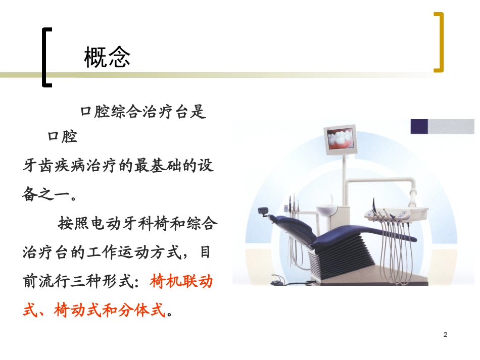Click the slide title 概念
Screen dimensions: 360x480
107,57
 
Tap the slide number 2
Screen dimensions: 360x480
445,334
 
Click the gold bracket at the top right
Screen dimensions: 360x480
440,42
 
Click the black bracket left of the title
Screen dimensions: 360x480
46,57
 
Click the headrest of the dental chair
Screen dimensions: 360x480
263,210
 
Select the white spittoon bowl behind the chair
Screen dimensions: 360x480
327,209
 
